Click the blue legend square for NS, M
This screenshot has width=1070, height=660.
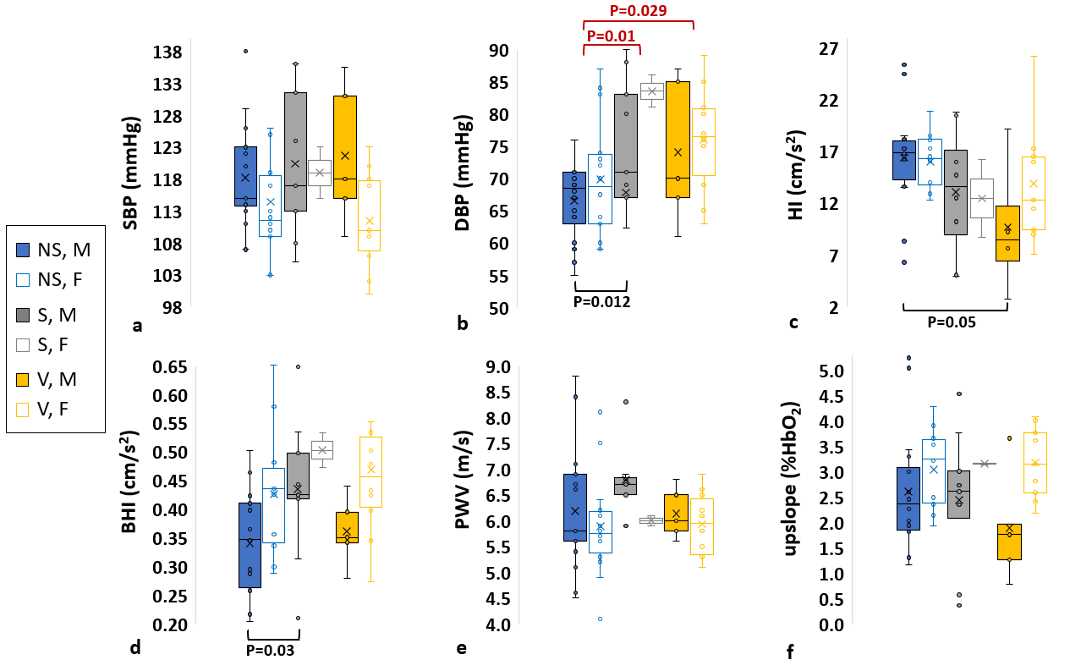[x=24, y=250]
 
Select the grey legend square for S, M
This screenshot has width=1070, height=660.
[x=24, y=314]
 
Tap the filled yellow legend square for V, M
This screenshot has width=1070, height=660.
[x=24, y=378]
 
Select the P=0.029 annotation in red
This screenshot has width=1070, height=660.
[x=638, y=11]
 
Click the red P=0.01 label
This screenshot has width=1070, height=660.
[x=611, y=36]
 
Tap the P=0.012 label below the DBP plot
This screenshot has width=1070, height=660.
[x=601, y=300]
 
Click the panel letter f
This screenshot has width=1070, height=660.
[x=790, y=652]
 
